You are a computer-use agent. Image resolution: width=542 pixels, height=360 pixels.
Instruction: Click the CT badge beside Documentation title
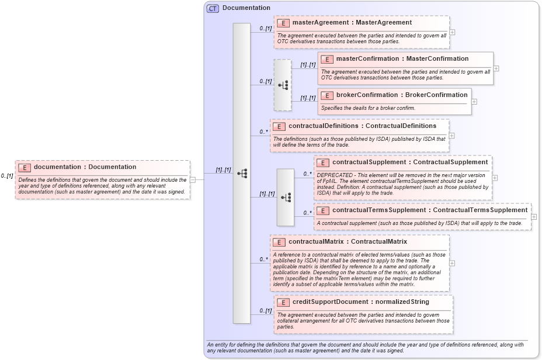pos(213,8)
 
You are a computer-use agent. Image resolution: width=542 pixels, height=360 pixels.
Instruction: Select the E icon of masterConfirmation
pos(327,59)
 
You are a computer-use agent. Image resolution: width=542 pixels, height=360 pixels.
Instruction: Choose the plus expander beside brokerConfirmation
pos(474,101)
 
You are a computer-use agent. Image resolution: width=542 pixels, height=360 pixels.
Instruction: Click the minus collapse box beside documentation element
pos(193,179)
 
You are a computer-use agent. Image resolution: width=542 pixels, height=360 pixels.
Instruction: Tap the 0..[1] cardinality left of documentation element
pos(7,176)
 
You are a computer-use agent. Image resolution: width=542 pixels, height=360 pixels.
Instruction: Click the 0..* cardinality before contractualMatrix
pos(264,259)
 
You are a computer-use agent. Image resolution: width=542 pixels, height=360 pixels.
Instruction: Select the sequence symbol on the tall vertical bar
pos(242,174)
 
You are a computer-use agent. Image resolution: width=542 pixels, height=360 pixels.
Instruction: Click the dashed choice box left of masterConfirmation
pos(283,85)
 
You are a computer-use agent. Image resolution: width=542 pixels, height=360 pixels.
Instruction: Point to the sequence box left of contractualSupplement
pos(286,198)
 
